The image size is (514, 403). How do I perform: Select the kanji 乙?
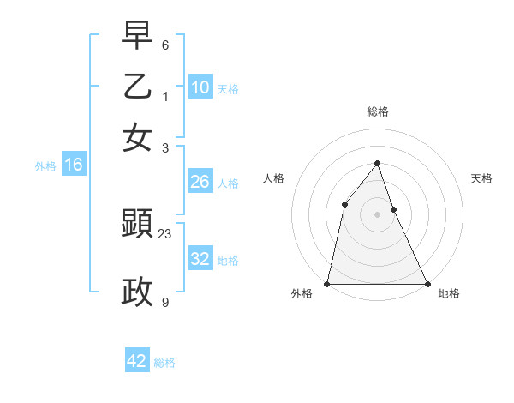point(137,87)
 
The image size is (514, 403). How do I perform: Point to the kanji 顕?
point(137,226)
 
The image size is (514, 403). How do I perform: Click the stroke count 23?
point(165,233)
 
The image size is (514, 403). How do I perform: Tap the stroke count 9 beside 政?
point(165,301)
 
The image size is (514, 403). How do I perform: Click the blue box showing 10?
point(200,87)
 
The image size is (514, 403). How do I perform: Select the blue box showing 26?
point(200,182)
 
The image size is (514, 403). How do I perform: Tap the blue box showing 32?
point(200,259)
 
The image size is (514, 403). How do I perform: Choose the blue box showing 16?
point(74,165)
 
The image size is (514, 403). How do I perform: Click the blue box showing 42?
point(137,361)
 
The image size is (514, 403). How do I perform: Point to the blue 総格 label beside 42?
point(165,363)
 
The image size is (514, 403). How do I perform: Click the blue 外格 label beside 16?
point(45,167)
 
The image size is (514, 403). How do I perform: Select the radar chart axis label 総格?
point(377,111)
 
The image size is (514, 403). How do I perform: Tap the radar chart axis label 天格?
point(481,178)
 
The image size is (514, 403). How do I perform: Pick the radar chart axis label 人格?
point(273,178)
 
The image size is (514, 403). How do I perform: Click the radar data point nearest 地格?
point(427,283)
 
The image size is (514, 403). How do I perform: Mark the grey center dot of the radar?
point(377,214)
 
